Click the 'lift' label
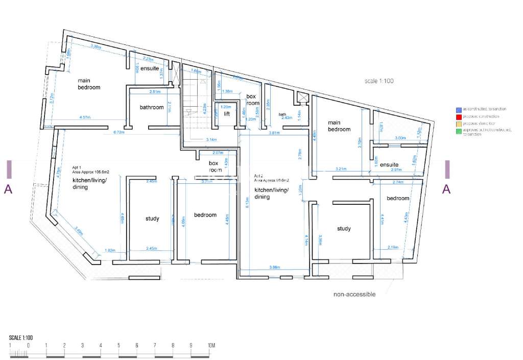[x=227, y=114]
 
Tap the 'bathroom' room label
[x=152, y=107]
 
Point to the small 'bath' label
[x=282, y=114]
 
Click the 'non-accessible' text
[x=354, y=294]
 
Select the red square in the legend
[x=459, y=116]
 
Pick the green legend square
[x=459, y=131]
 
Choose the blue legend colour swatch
[x=459, y=109]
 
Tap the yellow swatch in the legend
[x=459, y=124]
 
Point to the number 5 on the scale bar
[x=118, y=346]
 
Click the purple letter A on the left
[x=8, y=189]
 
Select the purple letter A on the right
[x=446, y=189]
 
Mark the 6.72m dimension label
[x=118, y=132]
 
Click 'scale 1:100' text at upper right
[x=378, y=81]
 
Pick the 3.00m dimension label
[x=400, y=138]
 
